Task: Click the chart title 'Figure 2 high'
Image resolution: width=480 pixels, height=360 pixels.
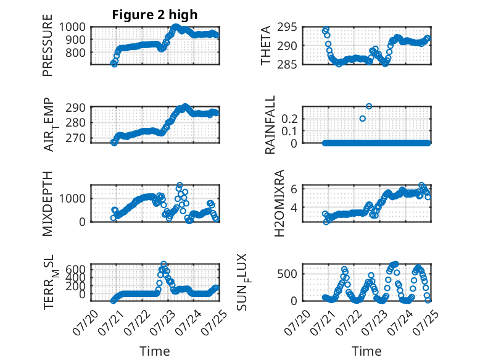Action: [x=155, y=15]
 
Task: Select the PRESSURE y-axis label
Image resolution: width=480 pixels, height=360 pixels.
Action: [x=48, y=45]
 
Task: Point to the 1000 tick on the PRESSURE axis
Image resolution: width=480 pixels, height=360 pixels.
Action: [x=72, y=27]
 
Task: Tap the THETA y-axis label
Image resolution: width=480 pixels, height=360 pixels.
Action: [x=266, y=45]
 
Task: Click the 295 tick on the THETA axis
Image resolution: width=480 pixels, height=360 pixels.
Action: [x=287, y=27]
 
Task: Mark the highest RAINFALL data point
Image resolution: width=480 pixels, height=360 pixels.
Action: [x=369, y=106]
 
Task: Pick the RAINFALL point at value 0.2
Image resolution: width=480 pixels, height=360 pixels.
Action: [x=362, y=119]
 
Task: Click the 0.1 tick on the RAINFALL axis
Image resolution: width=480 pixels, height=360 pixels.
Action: [x=289, y=131]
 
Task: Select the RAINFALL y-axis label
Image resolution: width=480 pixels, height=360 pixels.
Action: [x=270, y=125]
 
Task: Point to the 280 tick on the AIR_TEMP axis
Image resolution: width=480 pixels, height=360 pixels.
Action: [x=75, y=123]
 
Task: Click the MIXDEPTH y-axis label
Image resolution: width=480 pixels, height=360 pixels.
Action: [x=48, y=204]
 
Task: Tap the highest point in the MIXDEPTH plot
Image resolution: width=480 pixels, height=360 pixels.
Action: [x=180, y=185]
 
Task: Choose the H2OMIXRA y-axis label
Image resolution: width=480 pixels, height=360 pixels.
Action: [x=279, y=203]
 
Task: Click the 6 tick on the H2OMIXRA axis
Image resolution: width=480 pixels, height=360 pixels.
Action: [x=294, y=189]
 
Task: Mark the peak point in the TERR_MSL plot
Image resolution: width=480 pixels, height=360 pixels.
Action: [x=163, y=264]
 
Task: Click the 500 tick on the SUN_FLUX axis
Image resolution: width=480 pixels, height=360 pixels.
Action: [x=287, y=274]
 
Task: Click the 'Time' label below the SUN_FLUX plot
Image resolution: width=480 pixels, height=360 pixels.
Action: [x=366, y=351]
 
